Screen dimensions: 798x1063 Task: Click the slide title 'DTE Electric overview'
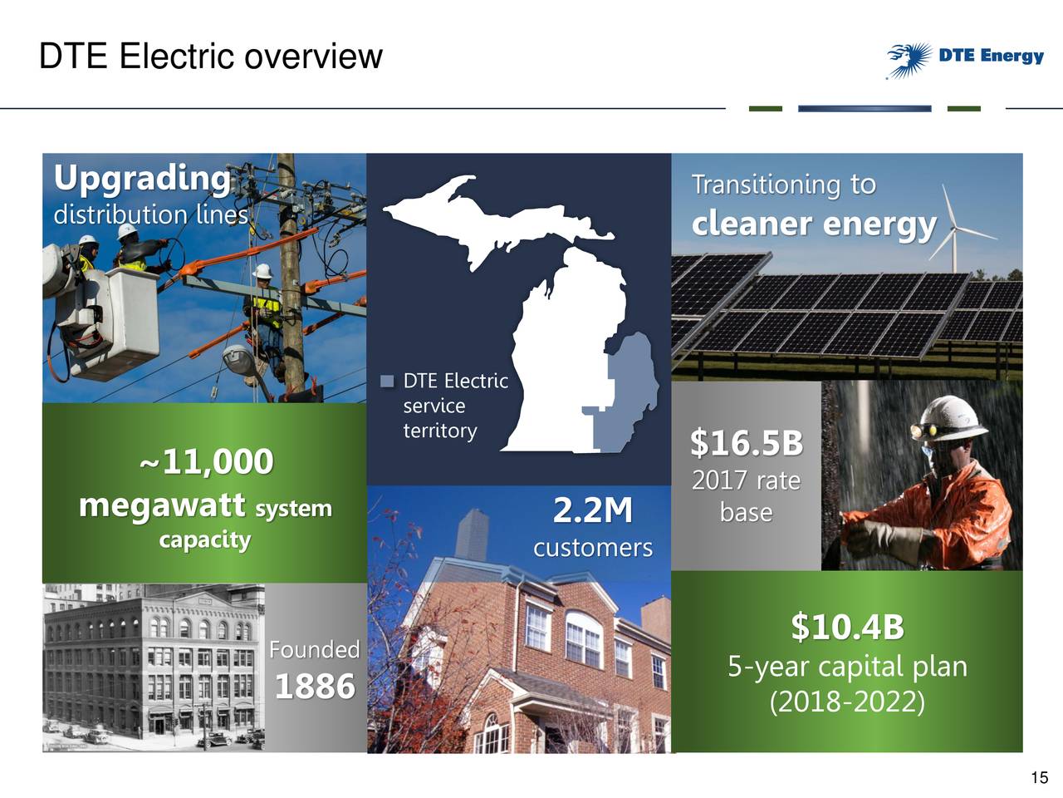[210, 57]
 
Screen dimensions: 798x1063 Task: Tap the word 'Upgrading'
[141, 178]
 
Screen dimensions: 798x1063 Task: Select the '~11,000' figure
[206, 461]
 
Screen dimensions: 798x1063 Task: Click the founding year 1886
[314, 687]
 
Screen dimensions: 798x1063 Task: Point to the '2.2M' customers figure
[592, 510]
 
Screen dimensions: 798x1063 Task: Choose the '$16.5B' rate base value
[746, 443]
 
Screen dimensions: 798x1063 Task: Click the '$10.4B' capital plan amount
[846, 627]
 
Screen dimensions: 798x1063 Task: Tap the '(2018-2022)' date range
[846, 702]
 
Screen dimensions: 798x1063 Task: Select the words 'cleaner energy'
[813, 224]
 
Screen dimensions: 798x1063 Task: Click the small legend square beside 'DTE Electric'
[387, 382]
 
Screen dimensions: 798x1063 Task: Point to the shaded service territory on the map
[631, 391]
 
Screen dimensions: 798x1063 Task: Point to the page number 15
[1039, 778]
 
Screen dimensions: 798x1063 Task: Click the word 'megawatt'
[161, 505]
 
